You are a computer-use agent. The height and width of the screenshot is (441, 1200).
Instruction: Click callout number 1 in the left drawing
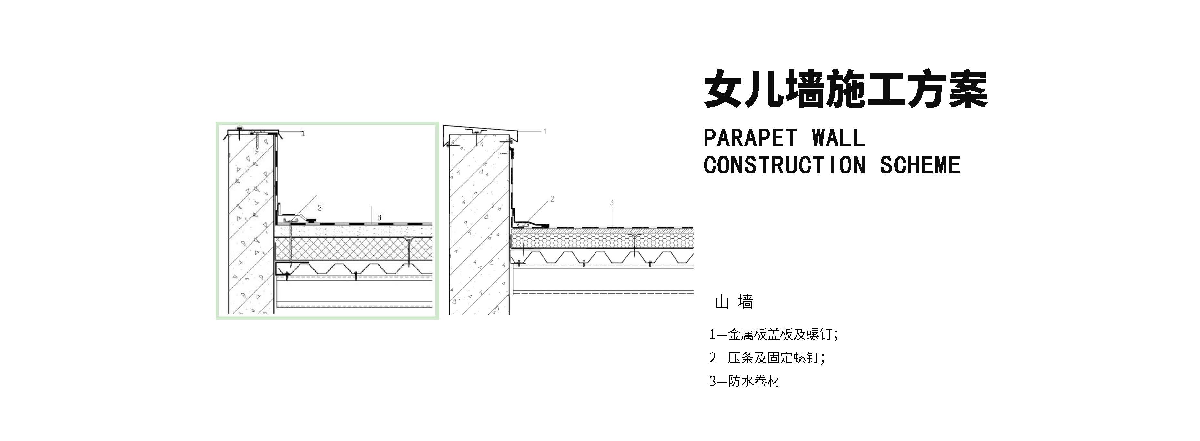[303, 134]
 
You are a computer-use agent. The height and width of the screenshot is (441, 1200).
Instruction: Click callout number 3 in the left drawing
[379, 218]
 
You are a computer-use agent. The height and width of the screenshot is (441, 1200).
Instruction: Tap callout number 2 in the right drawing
[552, 199]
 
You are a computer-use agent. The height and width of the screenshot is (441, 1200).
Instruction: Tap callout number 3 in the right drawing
[612, 203]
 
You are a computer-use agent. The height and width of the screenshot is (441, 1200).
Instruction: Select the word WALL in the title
[838, 138]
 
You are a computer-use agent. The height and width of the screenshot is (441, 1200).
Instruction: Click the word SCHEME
[920, 165]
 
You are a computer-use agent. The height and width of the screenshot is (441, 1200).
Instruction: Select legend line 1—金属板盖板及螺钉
[773, 334]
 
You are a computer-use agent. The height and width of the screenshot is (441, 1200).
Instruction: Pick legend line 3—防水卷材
[744, 381]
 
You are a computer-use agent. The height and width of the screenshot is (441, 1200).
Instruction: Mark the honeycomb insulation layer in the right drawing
[601, 240]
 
